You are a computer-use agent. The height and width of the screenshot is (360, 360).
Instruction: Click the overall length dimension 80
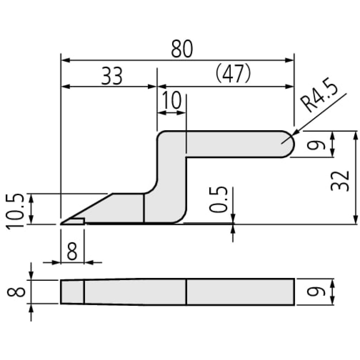[182, 49]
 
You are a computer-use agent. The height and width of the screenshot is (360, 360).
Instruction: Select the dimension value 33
[112, 76]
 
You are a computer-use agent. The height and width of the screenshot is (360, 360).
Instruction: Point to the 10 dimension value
[172, 100]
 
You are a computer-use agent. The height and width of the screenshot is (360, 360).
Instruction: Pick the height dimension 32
[340, 181]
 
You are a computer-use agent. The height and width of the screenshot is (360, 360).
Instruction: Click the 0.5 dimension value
[219, 199]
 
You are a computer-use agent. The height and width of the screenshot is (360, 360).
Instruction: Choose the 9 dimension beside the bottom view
[319, 292]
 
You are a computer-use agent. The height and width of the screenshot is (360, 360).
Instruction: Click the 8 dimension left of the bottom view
[16, 292]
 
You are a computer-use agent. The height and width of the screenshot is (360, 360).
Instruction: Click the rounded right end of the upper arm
[292, 144]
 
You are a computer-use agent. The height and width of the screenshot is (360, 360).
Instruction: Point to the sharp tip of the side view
[60, 224]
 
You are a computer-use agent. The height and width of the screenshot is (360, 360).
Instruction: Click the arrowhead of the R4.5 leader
[295, 134]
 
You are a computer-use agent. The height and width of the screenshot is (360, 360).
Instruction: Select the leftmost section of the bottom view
[72, 292]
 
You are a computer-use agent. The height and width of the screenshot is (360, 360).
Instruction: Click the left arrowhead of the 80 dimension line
[66, 60]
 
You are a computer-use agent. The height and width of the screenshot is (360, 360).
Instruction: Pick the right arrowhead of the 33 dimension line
[152, 86]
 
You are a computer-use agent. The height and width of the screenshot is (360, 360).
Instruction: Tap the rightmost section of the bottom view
[240, 292]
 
